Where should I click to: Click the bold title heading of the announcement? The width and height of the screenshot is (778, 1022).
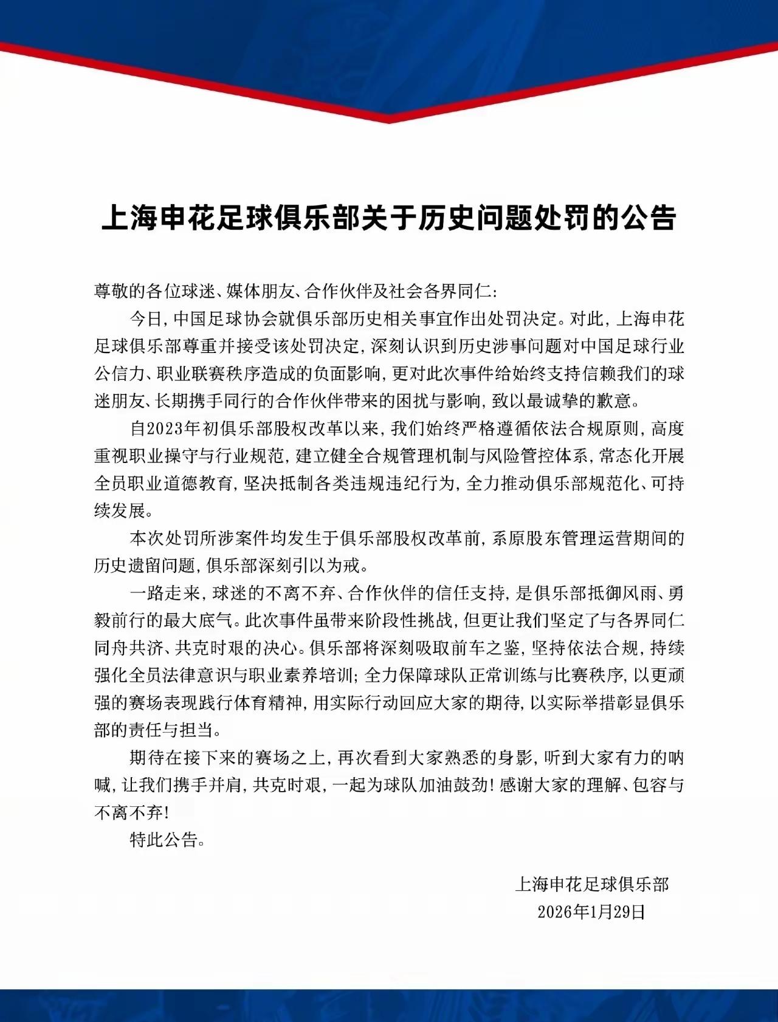pyautogui.click(x=388, y=217)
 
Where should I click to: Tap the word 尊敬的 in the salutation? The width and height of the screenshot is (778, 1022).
pyautogui.click(x=120, y=292)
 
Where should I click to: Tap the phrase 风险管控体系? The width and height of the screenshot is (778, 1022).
pyautogui.click(x=535, y=456)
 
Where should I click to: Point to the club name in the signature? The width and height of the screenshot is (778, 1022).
pyautogui.click(x=591, y=884)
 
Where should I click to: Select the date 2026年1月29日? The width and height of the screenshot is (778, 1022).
pyautogui.click(x=591, y=911)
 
